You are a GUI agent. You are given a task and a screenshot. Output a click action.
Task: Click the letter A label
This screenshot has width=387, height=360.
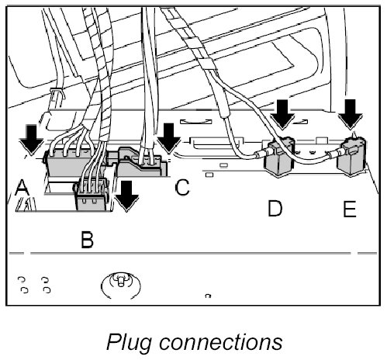22,187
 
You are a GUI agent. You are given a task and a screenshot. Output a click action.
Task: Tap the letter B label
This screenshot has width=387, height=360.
87,240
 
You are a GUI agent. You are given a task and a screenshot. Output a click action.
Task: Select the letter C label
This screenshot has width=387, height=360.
182,187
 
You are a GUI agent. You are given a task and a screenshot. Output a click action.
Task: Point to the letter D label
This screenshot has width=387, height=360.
275,208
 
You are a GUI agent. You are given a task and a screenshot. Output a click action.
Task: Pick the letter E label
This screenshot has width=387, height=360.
350,208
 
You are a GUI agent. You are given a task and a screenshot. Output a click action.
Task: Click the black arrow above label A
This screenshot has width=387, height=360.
32,140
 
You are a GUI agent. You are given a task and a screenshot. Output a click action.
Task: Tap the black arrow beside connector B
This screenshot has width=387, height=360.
126,196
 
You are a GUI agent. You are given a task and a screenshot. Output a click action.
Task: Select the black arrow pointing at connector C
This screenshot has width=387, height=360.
169,139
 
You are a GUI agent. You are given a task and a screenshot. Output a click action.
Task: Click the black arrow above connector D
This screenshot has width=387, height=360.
282,114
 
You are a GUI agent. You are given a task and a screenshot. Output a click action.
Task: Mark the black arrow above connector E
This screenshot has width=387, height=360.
351,114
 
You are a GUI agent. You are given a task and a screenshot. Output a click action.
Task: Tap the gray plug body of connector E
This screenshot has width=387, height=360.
351,157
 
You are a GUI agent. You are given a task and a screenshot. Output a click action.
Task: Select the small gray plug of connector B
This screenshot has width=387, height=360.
91,198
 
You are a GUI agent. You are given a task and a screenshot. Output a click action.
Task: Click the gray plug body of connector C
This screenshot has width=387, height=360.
141,163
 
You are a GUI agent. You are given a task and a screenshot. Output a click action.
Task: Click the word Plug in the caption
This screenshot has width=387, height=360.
129,342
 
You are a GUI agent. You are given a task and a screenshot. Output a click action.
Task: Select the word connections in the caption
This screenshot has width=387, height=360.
220,342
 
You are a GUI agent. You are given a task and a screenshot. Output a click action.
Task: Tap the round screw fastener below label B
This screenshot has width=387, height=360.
121,285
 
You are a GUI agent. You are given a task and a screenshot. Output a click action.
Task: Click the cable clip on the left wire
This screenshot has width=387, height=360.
57,95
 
